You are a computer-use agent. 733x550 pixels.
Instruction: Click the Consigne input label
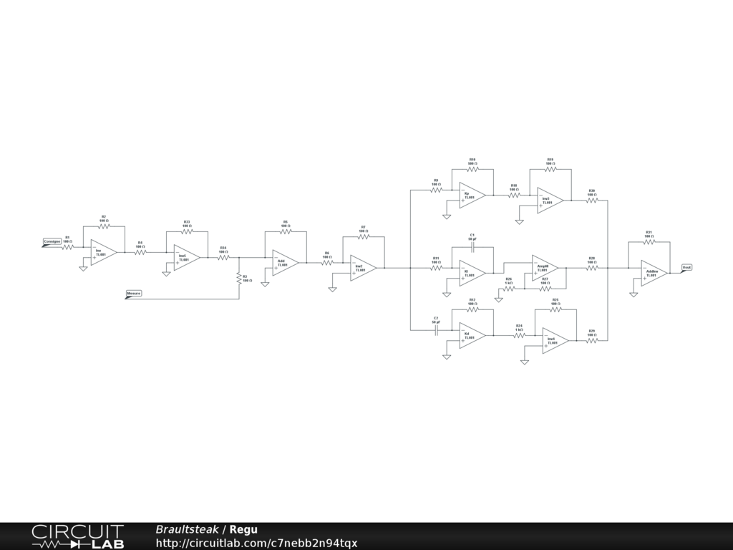click(52, 241)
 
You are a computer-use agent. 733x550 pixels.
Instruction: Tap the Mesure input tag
click(133, 293)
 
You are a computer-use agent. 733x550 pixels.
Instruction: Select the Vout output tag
click(686, 267)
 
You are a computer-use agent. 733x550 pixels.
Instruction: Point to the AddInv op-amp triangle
click(653, 273)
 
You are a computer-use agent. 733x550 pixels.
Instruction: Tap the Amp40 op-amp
click(544, 268)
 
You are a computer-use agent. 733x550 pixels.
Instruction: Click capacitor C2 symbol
click(436, 330)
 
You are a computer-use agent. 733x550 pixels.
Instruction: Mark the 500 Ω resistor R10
click(472, 169)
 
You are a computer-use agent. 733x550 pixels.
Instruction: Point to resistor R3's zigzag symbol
click(239, 277)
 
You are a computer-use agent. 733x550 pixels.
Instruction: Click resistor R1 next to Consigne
click(67, 247)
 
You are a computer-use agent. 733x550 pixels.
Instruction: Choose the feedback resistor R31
click(649, 242)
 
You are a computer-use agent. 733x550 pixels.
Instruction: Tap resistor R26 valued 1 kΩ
click(509, 288)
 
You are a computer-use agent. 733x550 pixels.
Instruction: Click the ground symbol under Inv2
click(332, 289)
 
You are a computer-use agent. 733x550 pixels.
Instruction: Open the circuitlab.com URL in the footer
click(256, 543)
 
